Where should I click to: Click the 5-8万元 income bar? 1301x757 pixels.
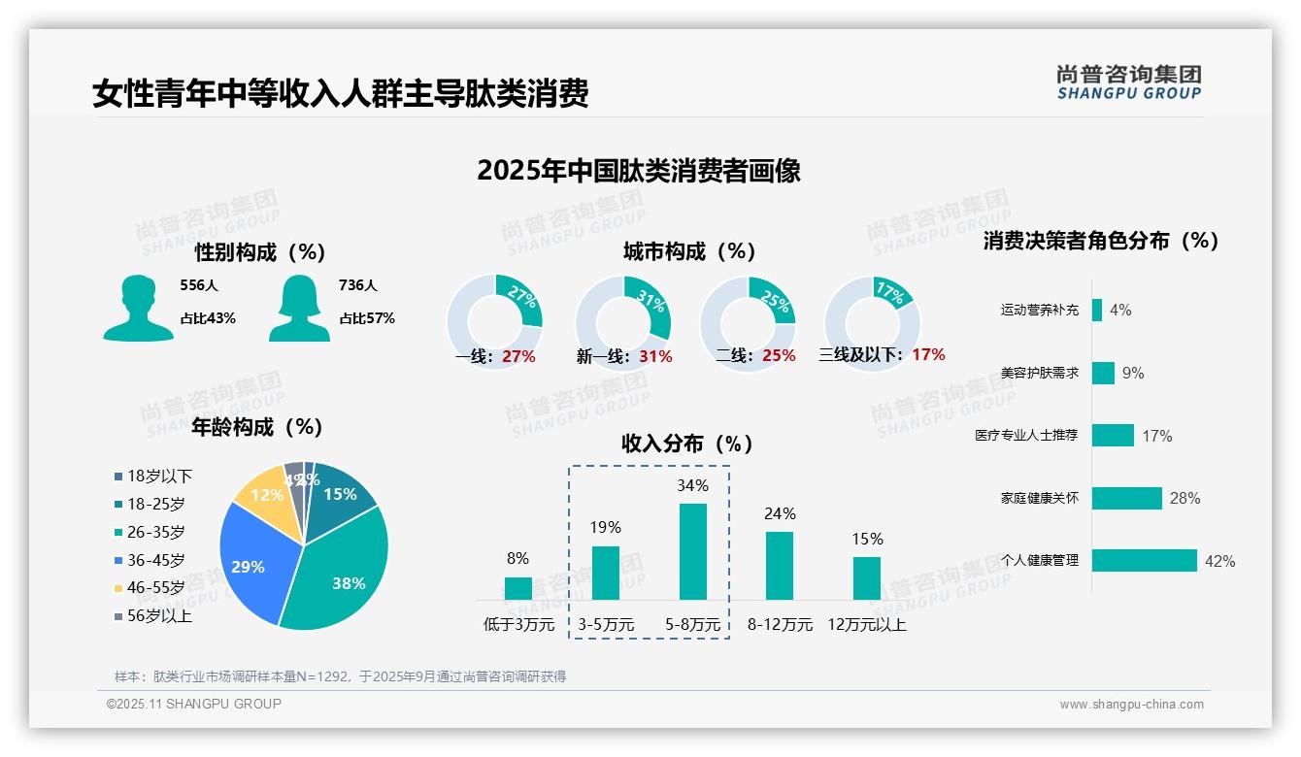tap(692, 551)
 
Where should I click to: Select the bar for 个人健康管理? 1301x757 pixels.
tap(1144, 560)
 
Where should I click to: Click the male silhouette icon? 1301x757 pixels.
tap(138, 308)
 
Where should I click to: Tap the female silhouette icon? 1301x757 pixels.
tap(299, 308)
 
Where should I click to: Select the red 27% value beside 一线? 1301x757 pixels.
tap(518, 356)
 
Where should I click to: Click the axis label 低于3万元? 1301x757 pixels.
tap(518, 625)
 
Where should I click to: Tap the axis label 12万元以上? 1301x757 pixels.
tap(867, 625)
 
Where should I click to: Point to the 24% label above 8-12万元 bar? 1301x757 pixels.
tap(780, 513)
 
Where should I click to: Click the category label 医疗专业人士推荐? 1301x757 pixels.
tap(1026, 435)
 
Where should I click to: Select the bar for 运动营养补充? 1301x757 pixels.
tap(1097, 310)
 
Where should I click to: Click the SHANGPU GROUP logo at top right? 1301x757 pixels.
tap(1128, 82)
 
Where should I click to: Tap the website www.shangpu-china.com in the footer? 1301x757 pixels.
tap(1131, 705)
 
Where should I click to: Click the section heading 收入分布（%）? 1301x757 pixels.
tap(688, 444)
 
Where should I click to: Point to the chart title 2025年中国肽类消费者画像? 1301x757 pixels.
tap(639, 171)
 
